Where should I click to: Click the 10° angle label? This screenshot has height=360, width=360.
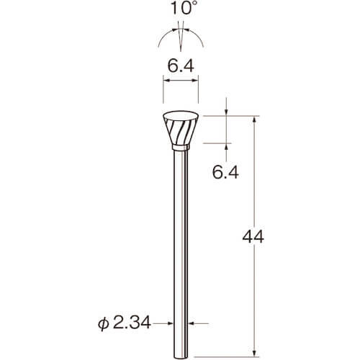click(181, 9)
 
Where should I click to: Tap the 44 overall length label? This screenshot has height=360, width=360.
click(253, 237)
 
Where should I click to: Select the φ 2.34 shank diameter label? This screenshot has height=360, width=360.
click(125, 323)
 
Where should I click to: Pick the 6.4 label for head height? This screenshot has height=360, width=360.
click(225, 172)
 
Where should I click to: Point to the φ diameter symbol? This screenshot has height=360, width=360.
click(104, 324)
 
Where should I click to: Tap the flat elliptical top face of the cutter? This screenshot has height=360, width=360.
click(181, 116)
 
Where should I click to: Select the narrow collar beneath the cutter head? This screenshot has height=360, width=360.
click(181, 148)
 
